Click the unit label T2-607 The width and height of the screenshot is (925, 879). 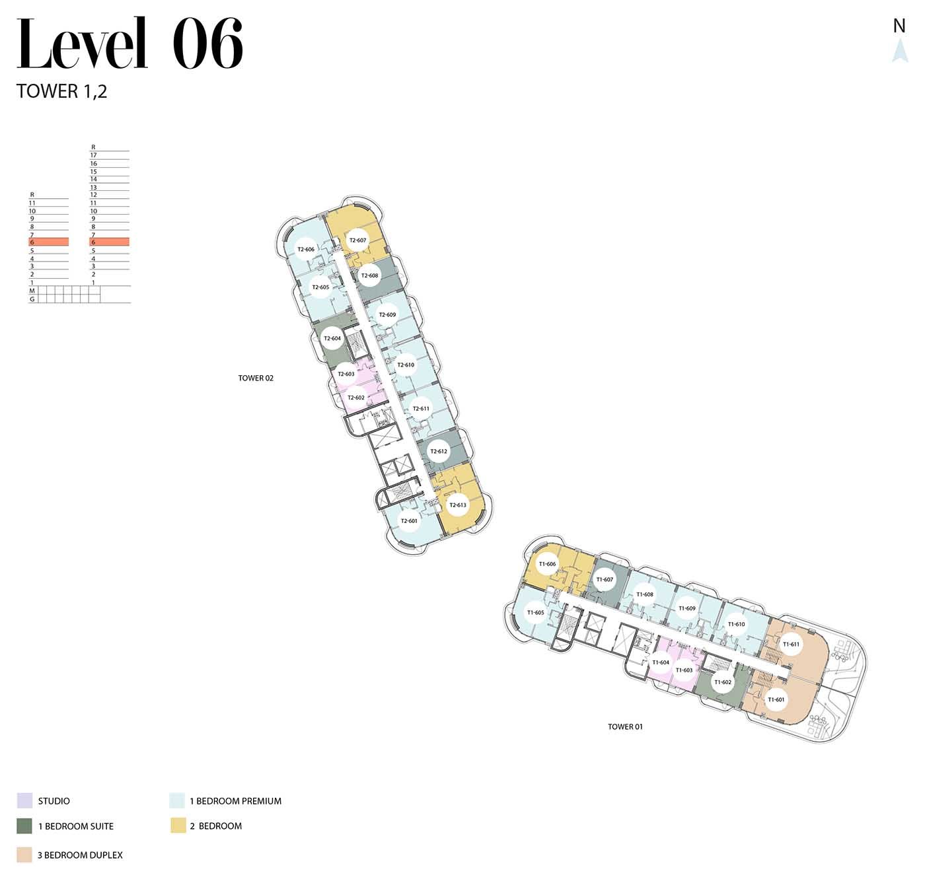357,240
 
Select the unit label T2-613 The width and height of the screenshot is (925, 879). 457,505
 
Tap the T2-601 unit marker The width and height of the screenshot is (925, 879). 409,520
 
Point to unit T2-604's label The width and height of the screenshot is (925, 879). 332,338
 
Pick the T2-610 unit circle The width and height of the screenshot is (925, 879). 406,365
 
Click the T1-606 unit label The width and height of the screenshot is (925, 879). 547,564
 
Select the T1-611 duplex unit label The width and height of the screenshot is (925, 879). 791,645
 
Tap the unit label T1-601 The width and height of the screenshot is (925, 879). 776,699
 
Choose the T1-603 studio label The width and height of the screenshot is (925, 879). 684,670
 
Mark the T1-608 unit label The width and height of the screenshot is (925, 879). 645,594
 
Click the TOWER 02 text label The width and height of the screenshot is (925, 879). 256,378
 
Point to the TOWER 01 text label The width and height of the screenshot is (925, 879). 625,726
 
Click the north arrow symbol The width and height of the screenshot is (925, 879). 900,50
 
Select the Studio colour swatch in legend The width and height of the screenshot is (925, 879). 24,801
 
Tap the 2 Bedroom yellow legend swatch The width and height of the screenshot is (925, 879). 178,826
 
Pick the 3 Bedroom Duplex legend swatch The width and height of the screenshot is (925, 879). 24,855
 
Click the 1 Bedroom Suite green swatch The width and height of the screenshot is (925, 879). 24,826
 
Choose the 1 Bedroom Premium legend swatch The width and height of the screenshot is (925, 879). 177,801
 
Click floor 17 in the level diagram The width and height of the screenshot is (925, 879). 94,155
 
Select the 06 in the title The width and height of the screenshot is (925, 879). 207,43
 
